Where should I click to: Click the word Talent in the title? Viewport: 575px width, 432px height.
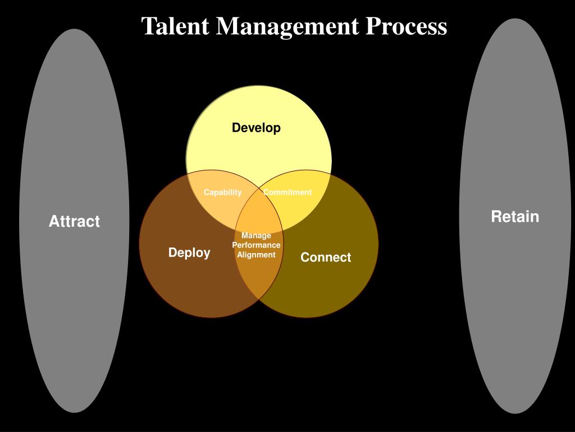click(176, 26)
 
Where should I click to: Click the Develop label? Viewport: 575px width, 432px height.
click(257, 128)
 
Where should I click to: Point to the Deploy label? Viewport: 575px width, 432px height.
click(189, 253)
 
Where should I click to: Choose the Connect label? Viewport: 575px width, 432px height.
click(326, 258)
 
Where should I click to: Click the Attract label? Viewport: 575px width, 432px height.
click(74, 222)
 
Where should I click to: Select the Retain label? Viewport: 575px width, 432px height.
click(515, 217)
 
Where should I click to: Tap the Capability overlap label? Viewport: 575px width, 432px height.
click(222, 192)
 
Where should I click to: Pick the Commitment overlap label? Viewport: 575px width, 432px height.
click(287, 192)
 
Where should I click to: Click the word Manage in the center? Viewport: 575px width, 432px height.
click(256, 236)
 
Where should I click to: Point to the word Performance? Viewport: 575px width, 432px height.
click(256, 245)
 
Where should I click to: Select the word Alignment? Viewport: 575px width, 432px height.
click(256, 255)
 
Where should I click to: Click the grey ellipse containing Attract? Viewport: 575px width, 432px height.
click(74, 309)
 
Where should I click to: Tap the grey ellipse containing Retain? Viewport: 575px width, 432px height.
click(515, 309)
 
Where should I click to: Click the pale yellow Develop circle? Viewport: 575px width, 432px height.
click(258, 152)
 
